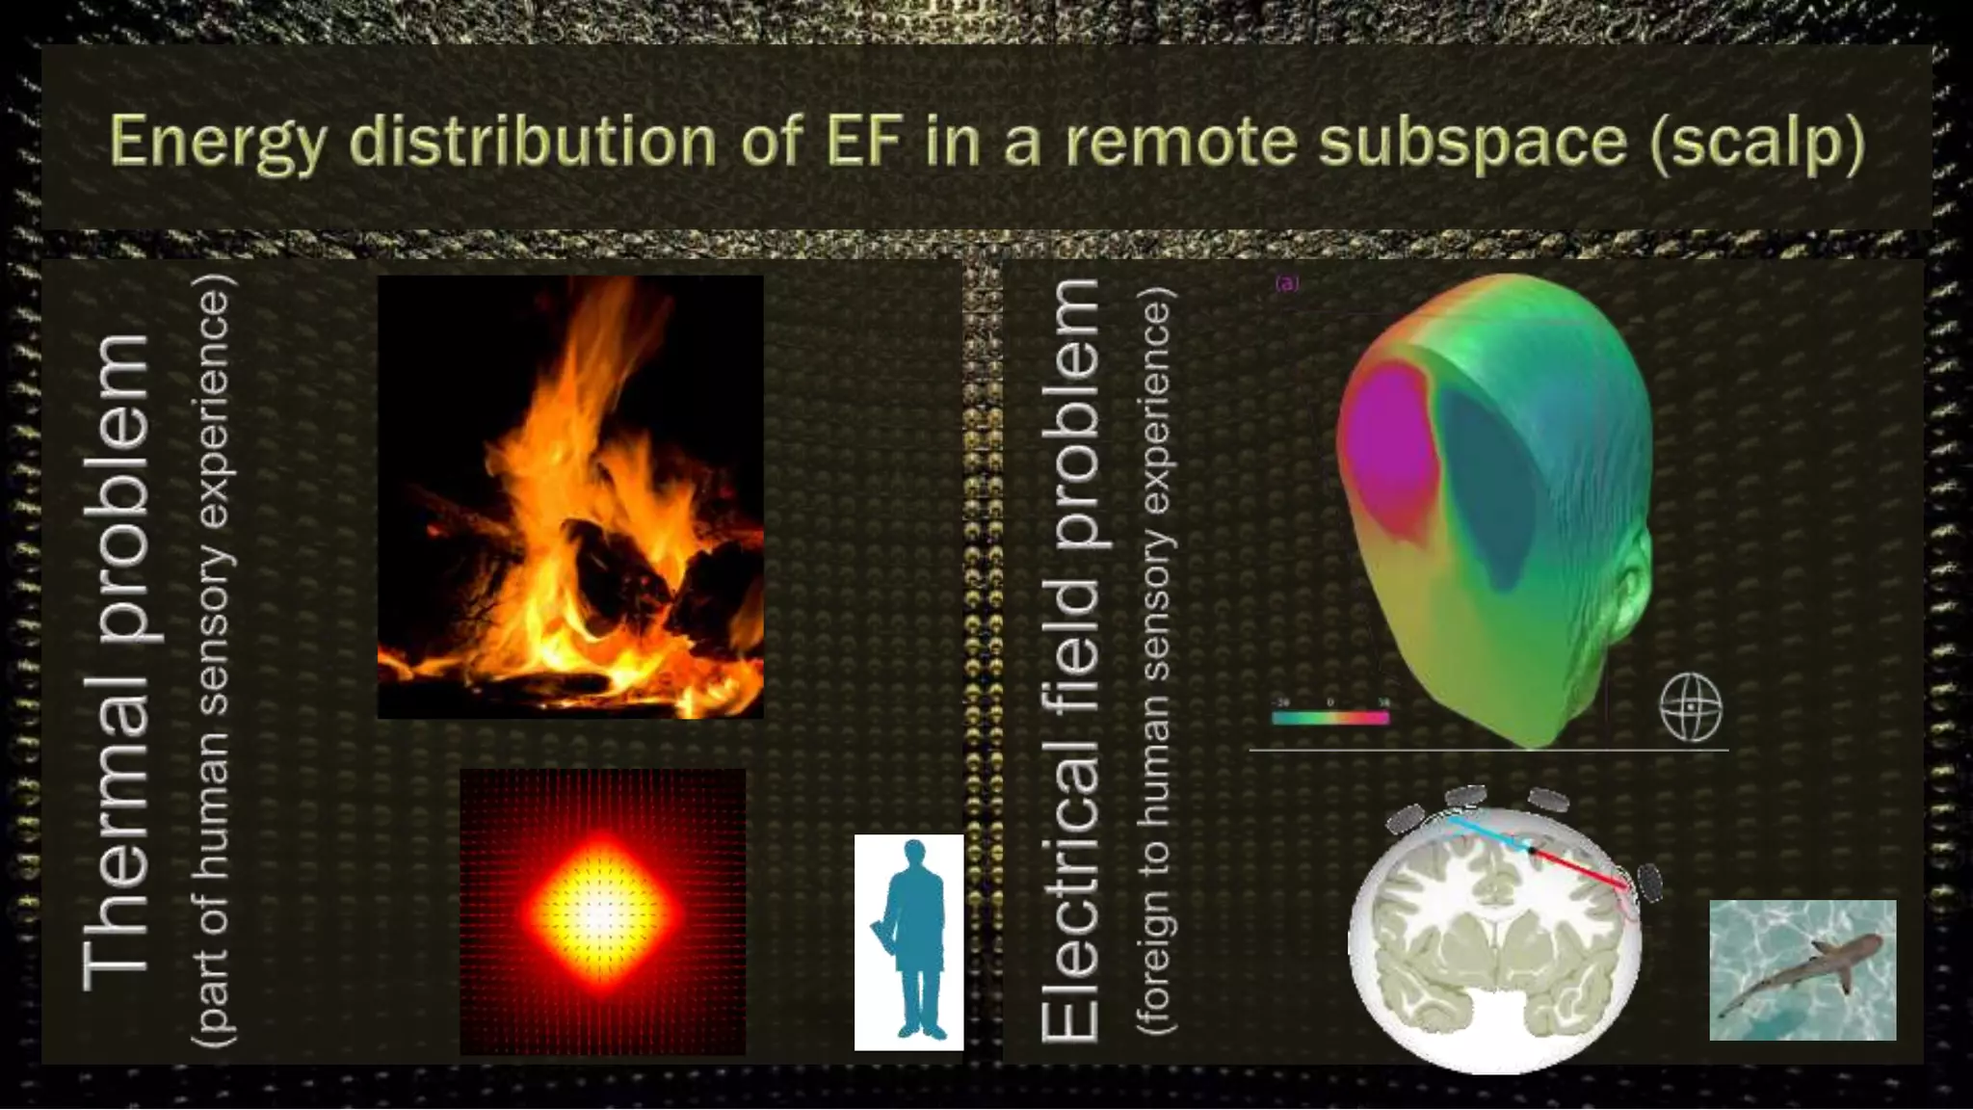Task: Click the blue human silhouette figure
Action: point(910,940)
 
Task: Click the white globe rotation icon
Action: point(1691,706)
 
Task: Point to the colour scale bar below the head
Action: point(1330,718)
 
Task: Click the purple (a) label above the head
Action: point(1287,283)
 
